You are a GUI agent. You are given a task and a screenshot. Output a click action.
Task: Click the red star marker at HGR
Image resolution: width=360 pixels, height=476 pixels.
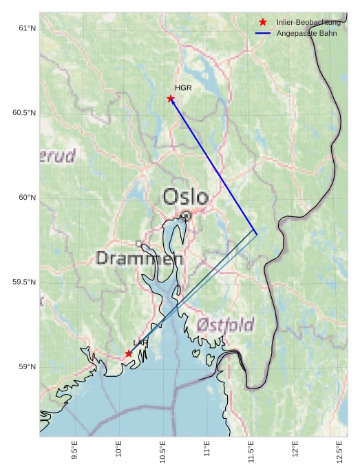(x=171, y=99)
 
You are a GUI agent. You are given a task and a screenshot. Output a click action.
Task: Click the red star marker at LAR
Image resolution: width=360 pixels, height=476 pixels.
(x=129, y=353)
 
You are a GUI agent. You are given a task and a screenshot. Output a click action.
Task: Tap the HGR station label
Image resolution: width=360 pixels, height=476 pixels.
(x=183, y=88)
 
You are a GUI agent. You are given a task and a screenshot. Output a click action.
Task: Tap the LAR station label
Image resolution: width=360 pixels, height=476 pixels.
(x=140, y=342)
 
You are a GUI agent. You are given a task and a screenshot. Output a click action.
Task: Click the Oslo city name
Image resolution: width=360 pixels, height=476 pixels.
(x=185, y=197)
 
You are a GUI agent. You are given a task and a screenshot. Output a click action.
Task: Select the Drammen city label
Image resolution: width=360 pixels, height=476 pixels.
(x=140, y=258)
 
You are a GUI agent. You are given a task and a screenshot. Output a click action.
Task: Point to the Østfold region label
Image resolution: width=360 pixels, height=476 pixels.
(x=225, y=324)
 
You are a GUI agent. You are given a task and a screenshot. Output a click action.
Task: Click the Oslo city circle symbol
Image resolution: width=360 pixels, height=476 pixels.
(x=186, y=216)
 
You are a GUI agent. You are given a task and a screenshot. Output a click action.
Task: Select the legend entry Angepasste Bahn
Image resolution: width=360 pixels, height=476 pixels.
(x=306, y=33)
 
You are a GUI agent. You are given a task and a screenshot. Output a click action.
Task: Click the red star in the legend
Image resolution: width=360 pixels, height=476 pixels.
(x=262, y=23)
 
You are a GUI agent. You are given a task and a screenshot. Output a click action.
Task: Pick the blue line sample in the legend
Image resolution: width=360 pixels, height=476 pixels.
(x=262, y=33)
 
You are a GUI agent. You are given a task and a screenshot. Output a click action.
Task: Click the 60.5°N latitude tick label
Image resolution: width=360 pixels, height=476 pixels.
(x=24, y=113)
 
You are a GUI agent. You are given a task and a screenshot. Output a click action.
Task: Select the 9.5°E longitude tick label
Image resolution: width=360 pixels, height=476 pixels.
(x=74, y=449)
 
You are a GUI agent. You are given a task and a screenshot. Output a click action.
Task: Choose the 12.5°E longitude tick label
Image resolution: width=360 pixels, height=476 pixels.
(x=339, y=449)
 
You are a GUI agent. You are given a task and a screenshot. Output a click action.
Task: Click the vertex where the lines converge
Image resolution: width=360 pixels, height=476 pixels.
(x=257, y=234)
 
